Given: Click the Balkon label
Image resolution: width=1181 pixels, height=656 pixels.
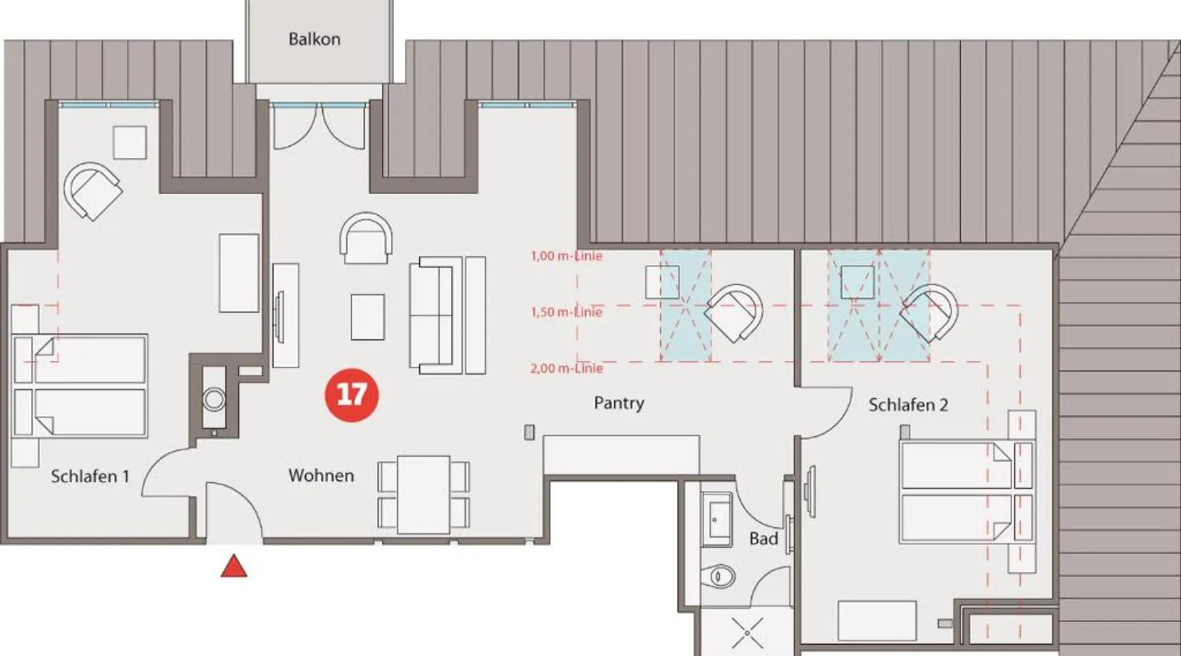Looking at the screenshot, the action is click(x=314, y=39).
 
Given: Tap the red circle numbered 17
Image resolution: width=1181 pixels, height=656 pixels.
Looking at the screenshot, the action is click(x=352, y=394).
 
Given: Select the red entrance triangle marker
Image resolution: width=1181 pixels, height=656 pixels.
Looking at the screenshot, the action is click(x=234, y=566).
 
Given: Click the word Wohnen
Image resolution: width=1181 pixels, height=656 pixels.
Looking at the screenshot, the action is click(x=321, y=476).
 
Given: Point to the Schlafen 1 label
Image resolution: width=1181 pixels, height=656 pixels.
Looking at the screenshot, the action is click(x=90, y=476).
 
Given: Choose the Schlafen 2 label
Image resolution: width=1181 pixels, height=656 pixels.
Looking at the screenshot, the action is click(x=908, y=405).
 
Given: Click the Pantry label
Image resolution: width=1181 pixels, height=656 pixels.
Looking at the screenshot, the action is click(x=619, y=403).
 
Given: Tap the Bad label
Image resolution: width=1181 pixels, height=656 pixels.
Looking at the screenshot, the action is click(x=763, y=539).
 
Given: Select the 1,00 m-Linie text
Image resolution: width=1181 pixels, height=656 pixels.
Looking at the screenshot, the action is click(x=566, y=256).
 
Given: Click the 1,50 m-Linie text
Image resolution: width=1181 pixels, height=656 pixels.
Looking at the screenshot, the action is click(x=566, y=312).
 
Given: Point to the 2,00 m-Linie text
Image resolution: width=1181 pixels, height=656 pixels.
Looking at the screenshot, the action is click(x=566, y=368).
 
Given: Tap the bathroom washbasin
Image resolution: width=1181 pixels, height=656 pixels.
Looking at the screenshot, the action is click(x=716, y=519).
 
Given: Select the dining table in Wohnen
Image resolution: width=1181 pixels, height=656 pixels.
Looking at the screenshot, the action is click(x=423, y=495).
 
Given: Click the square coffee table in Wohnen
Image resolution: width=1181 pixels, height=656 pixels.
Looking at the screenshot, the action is click(x=367, y=317).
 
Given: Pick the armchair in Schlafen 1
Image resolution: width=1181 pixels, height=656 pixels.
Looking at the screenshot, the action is click(x=93, y=191).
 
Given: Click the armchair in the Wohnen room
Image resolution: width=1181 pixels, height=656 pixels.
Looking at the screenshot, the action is click(x=366, y=238).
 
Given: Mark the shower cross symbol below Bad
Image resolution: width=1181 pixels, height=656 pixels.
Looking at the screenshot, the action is click(x=747, y=634).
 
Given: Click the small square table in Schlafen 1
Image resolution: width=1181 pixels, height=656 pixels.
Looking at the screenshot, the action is click(x=130, y=142).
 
